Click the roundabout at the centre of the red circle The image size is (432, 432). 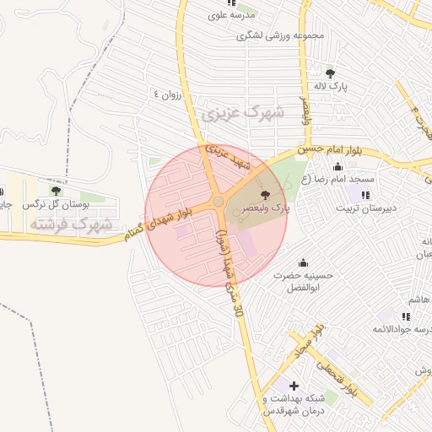(218, 202)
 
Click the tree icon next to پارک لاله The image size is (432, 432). (329, 73)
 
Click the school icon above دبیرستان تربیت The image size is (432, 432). (364, 195)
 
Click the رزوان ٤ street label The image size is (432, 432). (166, 93)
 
